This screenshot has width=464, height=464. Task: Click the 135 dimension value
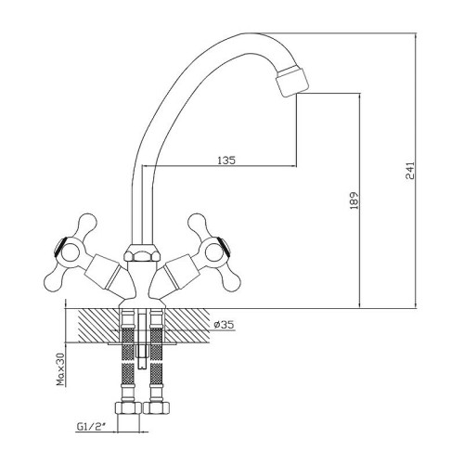[x=226, y=161]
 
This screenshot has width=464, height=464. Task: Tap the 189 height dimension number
[x=354, y=200]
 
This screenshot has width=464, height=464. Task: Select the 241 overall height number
[x=410, y=170]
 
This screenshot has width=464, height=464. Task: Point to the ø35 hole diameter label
[x=224, y=325]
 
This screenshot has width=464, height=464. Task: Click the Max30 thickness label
[x=61, y=369]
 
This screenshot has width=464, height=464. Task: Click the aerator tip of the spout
[x=292, y=81]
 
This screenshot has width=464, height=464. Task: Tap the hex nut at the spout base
[x=142, y=252]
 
